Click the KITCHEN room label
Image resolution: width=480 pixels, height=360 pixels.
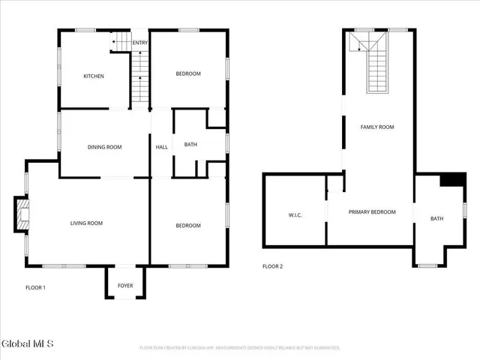coord(93,76)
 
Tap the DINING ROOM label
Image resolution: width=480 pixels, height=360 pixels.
coord(104,147)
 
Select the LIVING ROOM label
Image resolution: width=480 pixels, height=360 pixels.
coord(86,223)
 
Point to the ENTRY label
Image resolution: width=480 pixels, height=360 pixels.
coord(140,43)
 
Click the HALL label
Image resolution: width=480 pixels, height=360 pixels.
coord(161,147)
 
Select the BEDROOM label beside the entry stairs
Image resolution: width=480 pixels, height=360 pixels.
coord(188,73)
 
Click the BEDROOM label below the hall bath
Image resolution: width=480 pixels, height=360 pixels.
coord(188,226)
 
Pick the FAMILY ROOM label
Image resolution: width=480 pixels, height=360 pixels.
coord(376,127)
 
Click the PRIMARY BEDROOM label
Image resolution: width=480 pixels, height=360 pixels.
coord(372,212)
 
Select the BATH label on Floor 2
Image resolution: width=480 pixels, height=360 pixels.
coord(436,219)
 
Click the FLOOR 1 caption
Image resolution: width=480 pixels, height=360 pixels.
coord(35,287)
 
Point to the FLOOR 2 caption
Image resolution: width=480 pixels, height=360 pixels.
coord(273,266)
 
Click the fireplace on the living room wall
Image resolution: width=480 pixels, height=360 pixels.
coord(22,214)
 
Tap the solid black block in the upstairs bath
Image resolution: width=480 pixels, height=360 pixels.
coord(452,179)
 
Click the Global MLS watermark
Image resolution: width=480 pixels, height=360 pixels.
coord(28,344)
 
